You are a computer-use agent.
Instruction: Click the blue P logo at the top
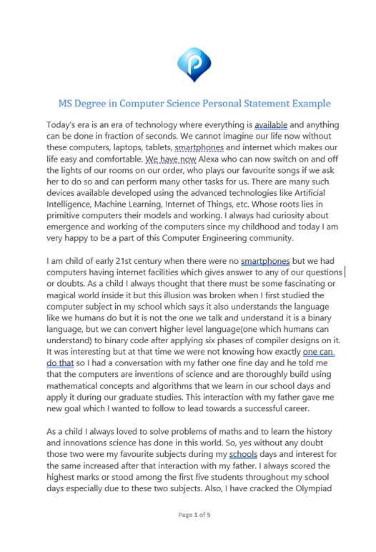[x=194, y=64]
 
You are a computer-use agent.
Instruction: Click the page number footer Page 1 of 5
[x=194, y=534]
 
